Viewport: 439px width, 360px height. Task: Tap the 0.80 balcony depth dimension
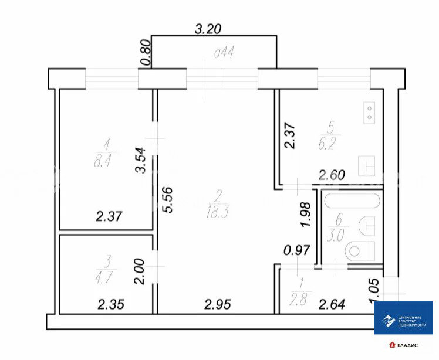[x=146, y=53]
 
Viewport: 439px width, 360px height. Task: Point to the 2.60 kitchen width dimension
[x=332, y=174]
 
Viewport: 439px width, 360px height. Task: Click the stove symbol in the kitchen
[x=370, y=111]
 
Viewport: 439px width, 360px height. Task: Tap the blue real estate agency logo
[x=404, y=318]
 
